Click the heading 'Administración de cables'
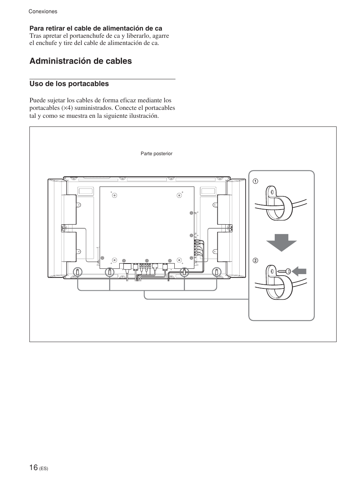81,61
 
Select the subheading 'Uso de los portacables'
69,84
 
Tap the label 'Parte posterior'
156,154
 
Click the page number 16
34,467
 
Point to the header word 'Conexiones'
43,12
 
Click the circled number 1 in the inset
255,181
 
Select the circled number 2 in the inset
255,261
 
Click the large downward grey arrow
281,242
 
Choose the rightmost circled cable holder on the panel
217,272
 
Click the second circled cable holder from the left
109,272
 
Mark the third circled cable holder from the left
185,272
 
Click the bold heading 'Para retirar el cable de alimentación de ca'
96,28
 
